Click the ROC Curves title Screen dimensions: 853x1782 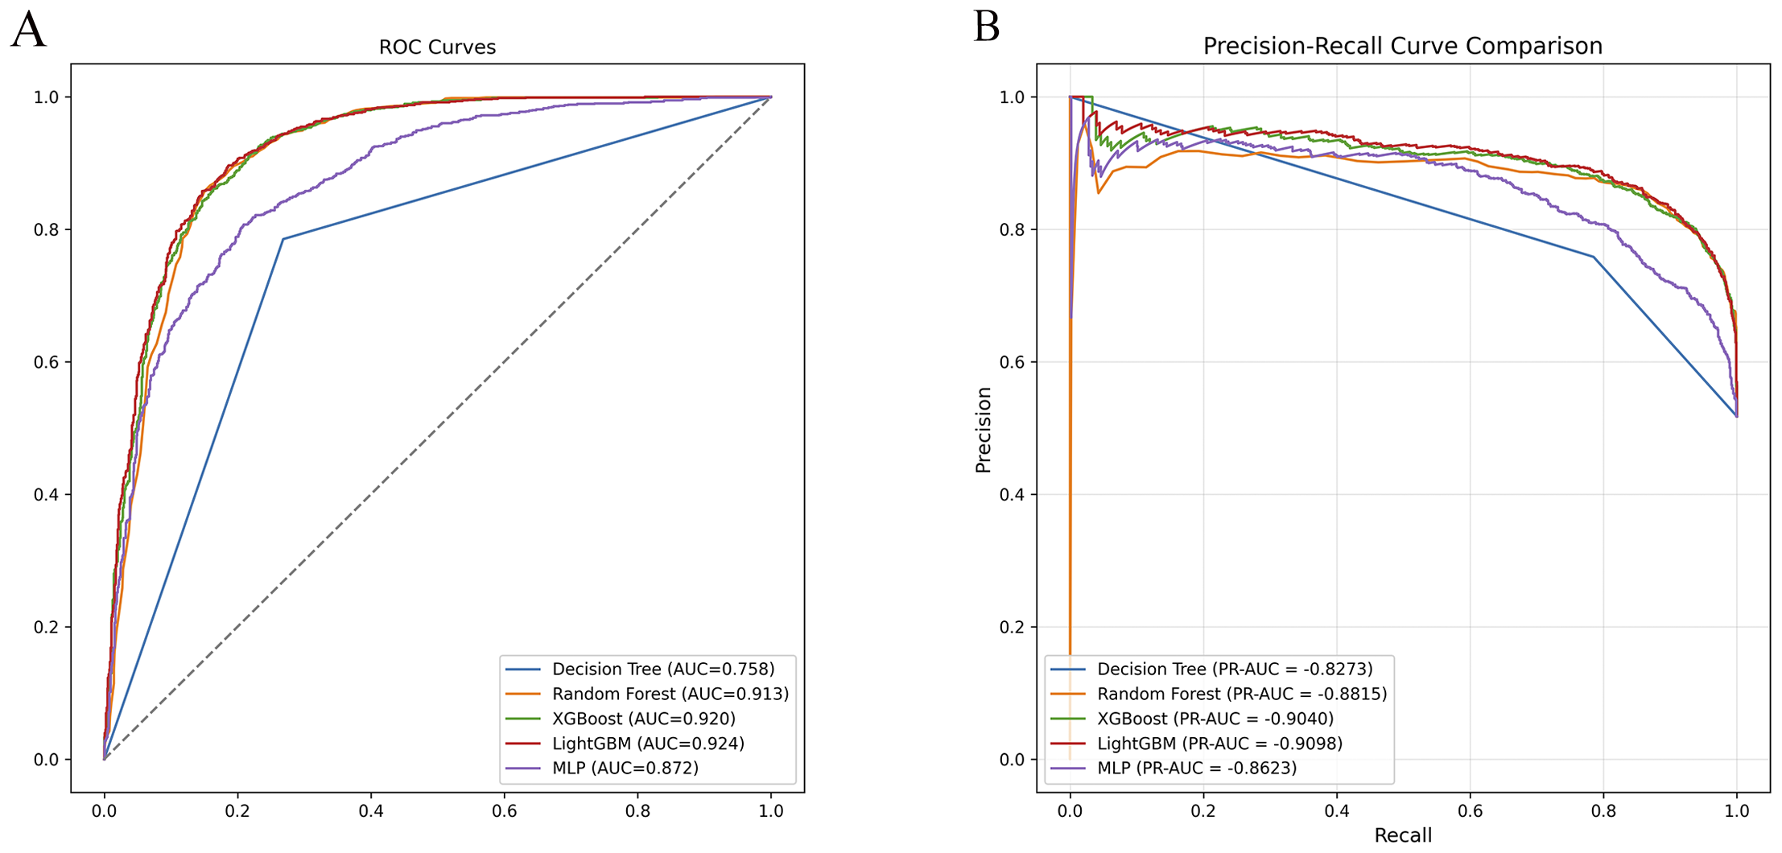tap(437, 47)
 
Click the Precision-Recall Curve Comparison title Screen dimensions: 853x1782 tap(1402, 46)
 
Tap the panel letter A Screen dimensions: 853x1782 tap(28, 31)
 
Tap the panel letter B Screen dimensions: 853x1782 tap(987, 27)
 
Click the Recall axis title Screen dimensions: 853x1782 tap(1403, 835)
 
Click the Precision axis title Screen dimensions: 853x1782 tap(983, 430)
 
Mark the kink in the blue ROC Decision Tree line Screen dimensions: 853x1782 tap(283, 239)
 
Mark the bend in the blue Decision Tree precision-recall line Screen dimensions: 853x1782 tap(1593, 257)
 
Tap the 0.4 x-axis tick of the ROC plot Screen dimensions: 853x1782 tap(371, 811)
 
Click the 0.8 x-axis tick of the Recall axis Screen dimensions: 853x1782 tap(1603, 811)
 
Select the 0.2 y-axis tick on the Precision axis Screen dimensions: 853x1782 tap(1012, 627)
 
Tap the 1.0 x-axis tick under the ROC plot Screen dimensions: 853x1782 tap(771, 811)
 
